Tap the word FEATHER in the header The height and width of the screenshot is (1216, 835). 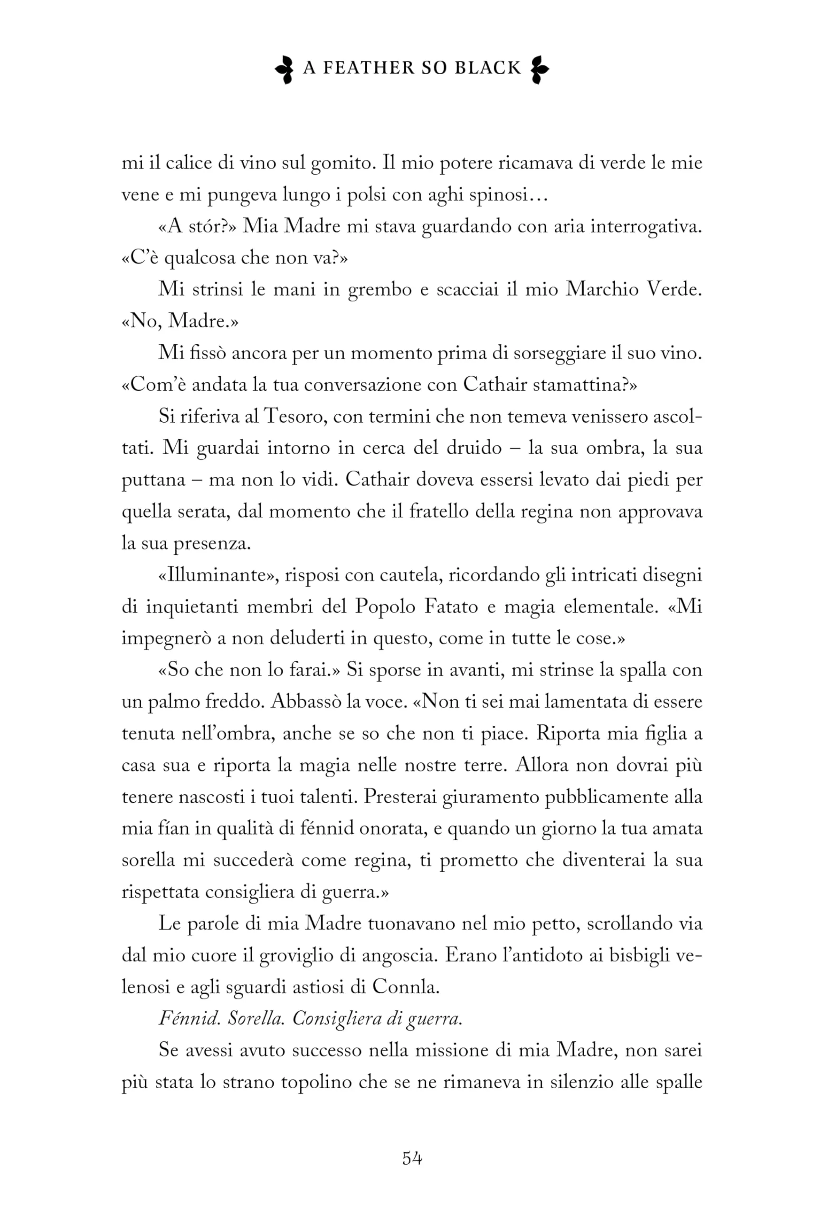[369, 68]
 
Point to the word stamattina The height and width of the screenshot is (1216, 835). [576, 385]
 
